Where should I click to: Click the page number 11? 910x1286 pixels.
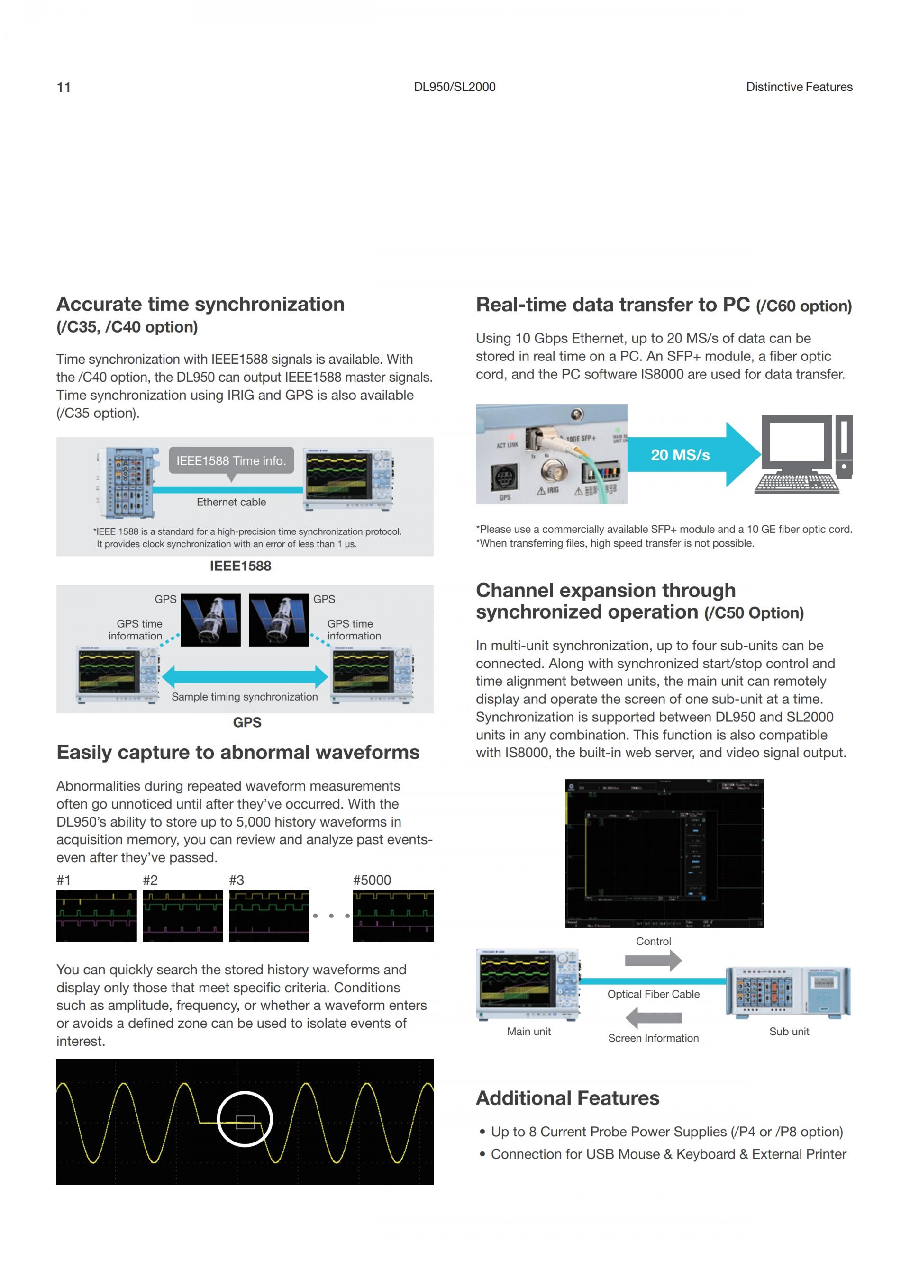[64, 87]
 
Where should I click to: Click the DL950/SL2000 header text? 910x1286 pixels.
[455, 87]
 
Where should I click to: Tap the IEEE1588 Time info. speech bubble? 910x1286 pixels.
[231, 460]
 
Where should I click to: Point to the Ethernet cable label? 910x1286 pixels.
[231, 502]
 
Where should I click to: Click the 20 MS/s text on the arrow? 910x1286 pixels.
[680, 455]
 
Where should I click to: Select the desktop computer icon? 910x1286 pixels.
[803, 454]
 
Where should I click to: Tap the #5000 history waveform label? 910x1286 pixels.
[372, 880]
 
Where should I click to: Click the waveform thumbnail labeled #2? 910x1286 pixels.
[182, 915]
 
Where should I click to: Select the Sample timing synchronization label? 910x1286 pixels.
[244, 697]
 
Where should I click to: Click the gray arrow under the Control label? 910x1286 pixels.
[653, 961]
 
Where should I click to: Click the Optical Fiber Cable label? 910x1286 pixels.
[654, 994]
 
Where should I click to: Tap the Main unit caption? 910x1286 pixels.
[528, 1032]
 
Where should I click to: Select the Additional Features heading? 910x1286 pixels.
[567, 1098]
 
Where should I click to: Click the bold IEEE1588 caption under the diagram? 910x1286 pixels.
[240, 566]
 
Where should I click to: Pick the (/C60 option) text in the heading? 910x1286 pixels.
[803, 306]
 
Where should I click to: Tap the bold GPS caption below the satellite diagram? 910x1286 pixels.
[247, 722]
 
